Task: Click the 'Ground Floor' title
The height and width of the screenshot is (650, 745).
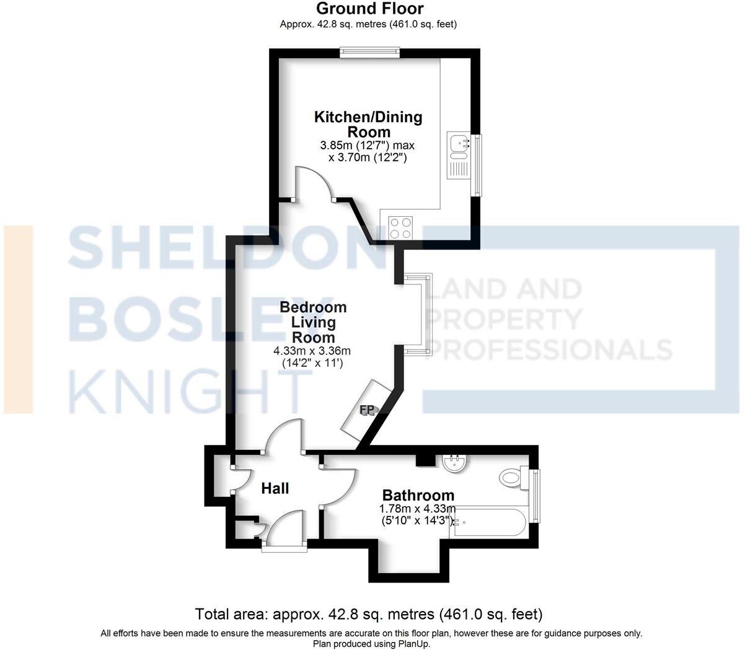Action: pos(370,9)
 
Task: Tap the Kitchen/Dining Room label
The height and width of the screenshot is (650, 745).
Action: pos(368,124)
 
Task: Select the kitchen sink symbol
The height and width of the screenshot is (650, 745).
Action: pos(460,144)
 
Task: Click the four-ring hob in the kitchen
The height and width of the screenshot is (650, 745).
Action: pos(400,227)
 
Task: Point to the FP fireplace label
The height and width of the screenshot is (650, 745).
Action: pos(367,410)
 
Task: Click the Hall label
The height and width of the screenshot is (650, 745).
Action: pos(275,488)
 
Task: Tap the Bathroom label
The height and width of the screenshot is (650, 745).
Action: pos(418,495)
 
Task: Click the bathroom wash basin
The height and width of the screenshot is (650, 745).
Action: pos(456,463)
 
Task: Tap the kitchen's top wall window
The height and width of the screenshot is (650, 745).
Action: pos(369,53)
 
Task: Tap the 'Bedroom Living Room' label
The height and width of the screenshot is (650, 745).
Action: pos(313,322)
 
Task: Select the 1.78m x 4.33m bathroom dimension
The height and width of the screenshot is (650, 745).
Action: pos(418,515)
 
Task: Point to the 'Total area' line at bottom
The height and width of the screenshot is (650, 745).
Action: pos(369,614)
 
